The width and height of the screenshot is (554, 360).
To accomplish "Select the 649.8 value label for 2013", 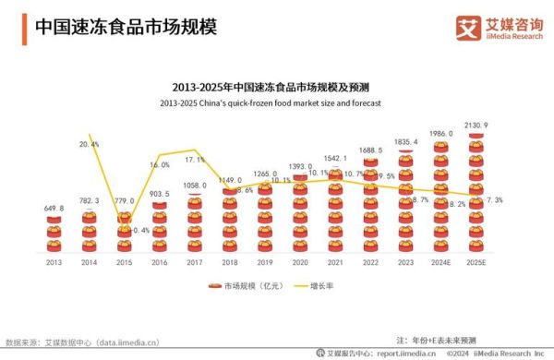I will pos(54,209).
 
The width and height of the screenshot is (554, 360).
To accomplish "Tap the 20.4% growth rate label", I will pos(90,145).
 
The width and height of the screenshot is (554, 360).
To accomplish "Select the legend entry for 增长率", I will pos(313,287).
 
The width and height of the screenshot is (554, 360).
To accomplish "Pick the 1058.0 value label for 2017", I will pos(195,186).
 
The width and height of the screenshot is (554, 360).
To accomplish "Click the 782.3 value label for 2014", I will pos(90,199).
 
